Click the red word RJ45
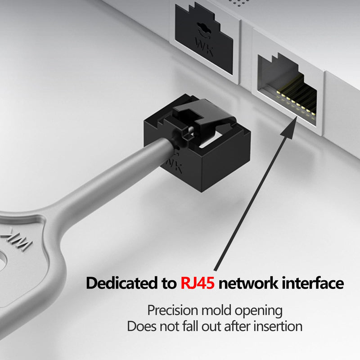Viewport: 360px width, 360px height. click(x=198, y=283)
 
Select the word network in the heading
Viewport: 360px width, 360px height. click(x=248, y=283)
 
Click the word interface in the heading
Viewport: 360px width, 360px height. click(x=313, y=283)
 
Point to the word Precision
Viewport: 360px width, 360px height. click(x=173, y=310)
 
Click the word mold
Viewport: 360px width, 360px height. click(x=216, y=310)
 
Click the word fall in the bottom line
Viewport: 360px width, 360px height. click(x=190, y=326)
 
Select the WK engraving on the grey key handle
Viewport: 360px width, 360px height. click(x=16, y=240)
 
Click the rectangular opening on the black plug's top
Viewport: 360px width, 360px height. click(x=210, y=139)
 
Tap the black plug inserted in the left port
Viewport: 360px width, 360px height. click(x=204, y=39)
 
